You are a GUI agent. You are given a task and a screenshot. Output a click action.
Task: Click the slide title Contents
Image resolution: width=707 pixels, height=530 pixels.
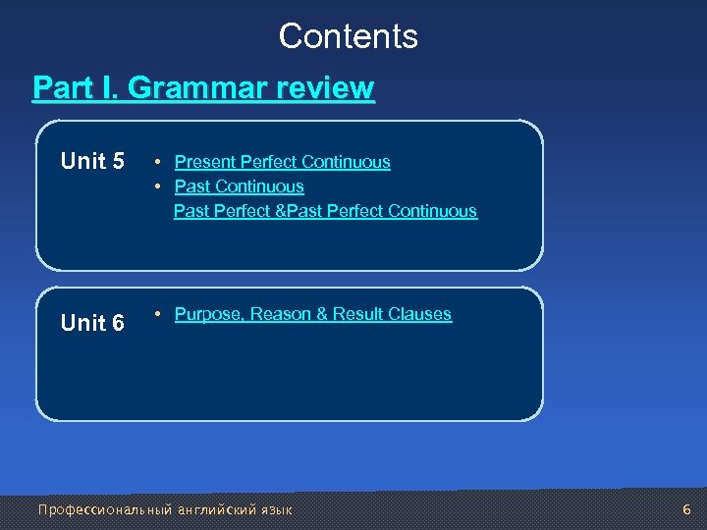click(348, 36)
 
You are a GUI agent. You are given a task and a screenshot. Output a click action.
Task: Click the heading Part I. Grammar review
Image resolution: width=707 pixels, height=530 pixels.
click(203, 88)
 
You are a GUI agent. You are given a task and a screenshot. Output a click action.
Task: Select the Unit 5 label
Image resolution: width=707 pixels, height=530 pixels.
click(92, 161)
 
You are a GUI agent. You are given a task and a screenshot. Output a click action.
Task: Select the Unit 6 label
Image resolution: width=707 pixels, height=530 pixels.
click(92, 322)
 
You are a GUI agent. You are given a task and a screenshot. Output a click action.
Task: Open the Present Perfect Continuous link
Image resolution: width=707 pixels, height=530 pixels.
click(282, 162)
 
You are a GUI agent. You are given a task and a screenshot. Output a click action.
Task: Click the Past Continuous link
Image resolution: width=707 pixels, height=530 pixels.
click(239, 186)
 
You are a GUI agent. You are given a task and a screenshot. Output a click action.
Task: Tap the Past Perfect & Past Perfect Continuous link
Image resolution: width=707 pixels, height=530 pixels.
click(325, 211)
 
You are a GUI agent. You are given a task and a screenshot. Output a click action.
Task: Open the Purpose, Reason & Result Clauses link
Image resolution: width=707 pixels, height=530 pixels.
click(312, 314)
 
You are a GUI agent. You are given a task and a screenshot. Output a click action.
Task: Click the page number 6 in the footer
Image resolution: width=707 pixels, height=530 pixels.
click(686, 509)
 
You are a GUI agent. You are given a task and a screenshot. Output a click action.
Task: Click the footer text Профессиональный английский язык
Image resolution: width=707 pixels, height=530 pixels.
click(164, 510)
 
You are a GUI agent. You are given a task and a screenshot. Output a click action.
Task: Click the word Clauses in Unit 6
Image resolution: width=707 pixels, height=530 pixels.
click(419, 314)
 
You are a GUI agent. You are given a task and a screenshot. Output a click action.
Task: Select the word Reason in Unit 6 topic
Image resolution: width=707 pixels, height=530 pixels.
click(282, 314)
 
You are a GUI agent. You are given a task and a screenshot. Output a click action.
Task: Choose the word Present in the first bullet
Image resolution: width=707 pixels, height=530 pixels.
click(204, 162)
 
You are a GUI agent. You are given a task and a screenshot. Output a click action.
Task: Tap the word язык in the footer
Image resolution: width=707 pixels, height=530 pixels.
click(276, 510)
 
